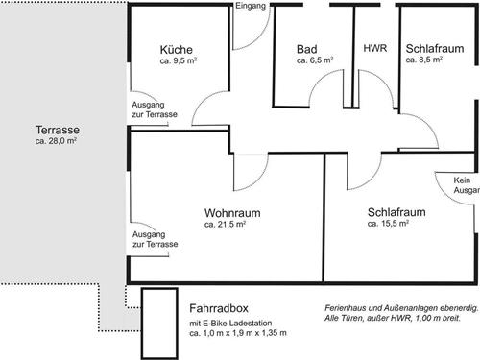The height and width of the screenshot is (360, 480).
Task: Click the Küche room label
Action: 177,50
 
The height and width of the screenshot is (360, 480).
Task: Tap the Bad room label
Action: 307,49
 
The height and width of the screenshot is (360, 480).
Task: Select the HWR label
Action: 375,48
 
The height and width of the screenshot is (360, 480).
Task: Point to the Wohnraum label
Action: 232,213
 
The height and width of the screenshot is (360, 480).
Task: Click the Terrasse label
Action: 58,130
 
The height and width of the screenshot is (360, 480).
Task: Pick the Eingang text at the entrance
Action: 251,6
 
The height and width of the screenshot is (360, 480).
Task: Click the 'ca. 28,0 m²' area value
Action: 56,141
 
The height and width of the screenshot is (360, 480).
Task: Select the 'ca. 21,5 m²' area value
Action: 225,224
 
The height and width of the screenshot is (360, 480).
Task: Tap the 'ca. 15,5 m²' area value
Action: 388,223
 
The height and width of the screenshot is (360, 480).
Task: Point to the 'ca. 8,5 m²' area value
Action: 424,60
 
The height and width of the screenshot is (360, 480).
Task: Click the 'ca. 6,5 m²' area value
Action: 315,60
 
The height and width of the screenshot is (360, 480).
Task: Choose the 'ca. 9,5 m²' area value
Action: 179,60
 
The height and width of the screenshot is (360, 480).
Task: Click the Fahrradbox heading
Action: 219,308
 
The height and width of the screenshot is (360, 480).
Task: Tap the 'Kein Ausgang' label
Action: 467,185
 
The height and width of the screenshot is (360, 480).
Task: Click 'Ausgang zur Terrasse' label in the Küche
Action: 155,109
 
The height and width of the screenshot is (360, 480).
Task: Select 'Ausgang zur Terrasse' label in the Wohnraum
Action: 156,239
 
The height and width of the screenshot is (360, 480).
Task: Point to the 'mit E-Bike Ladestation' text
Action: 230,323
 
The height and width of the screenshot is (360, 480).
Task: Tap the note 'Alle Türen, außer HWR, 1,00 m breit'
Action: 393,318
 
